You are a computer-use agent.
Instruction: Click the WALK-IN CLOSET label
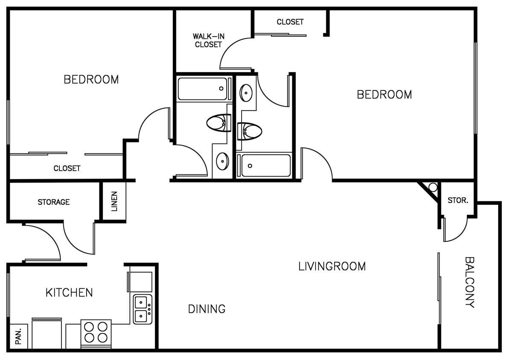click(208, 41)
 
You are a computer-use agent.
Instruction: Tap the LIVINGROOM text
click(332, 266)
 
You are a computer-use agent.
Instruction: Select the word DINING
click(207, 308)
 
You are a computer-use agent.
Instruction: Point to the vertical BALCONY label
click(469, 282)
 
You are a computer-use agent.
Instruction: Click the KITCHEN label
click(69, 293)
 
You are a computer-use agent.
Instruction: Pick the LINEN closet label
click(114, 202)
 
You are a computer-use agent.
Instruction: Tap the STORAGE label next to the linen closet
click(54, 202)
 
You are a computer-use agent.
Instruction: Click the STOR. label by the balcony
click(458, 200)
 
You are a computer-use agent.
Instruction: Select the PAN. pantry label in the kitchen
click(18, 337)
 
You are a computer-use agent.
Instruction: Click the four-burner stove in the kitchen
click(96, 332)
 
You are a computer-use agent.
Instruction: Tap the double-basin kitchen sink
click(142, 309)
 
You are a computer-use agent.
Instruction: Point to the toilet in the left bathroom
click(218, 124)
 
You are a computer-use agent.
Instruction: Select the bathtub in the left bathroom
click(202, 89)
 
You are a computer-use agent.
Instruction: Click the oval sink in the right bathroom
click(246, 93)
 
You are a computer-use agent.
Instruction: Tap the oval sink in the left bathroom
click(222, 161)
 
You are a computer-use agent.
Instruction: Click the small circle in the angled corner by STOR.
click(433, 187)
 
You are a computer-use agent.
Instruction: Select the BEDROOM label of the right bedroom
click(384, 94)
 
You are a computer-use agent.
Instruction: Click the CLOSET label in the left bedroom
click(67, 168)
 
